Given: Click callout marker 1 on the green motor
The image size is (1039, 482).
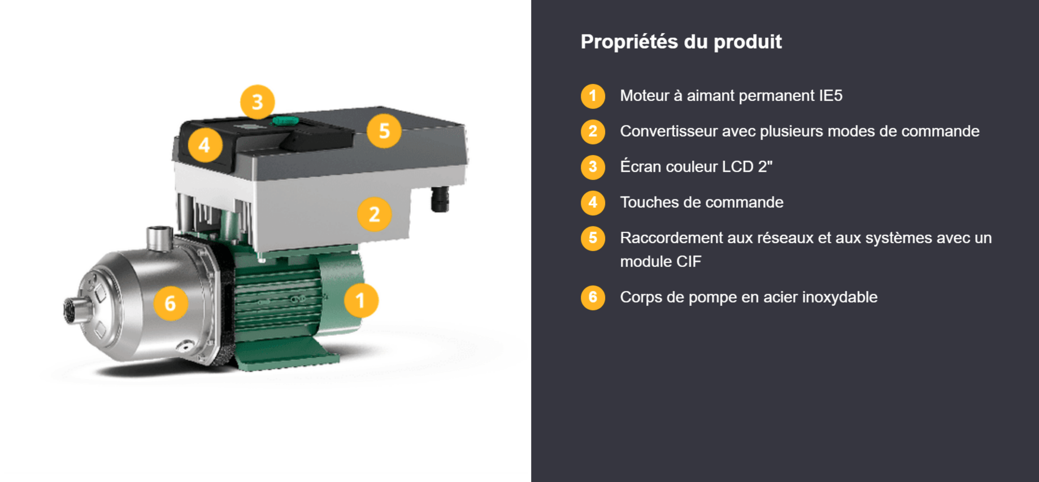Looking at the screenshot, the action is [360, 300].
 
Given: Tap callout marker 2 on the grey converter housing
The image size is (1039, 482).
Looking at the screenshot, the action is [374, 214].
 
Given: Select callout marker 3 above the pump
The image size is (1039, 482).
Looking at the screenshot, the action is [257, 102].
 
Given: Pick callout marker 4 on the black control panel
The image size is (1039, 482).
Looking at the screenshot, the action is [205, 145].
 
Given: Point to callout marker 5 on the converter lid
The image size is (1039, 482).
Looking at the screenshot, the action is [384, 131].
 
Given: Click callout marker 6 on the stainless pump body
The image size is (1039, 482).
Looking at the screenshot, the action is [171, 304].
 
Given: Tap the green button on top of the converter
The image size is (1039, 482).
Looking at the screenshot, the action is [285, 120].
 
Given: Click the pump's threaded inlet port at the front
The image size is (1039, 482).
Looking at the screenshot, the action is [75, 311].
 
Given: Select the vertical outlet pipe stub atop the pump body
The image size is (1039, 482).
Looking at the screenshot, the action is [159, 238].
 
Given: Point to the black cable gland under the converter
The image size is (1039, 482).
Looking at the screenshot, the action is [440, 199].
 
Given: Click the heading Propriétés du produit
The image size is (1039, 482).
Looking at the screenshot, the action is [681, 41].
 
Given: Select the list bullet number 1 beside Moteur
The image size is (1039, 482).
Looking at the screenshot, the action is [593, 96].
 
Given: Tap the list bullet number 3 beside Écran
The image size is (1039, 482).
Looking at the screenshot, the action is [593, 167].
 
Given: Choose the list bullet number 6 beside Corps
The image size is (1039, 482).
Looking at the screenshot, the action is [593, 297].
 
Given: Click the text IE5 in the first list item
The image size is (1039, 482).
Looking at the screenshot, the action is [831, 96].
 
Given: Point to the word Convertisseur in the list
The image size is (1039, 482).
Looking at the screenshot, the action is [669, 132].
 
